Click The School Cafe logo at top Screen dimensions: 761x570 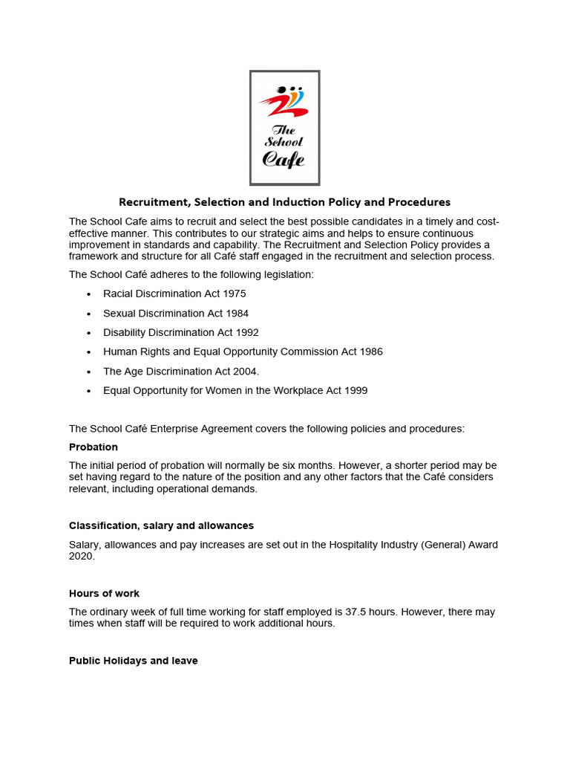click(284, 128)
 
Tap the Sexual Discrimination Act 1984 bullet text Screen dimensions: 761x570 click(176, 313)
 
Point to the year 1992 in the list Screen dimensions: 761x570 click(244, 332)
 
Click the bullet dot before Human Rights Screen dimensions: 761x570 click(89, 352)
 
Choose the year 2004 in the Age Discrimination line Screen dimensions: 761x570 click(243, 371)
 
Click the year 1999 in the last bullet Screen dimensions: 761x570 click(353, 390)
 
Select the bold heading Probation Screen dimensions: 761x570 click(94, 447)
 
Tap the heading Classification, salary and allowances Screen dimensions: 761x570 click(161, 525)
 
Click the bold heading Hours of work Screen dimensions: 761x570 click(104, 593)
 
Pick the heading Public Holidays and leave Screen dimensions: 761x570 click(134, 661)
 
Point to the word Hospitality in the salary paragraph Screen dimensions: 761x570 click(369, 545)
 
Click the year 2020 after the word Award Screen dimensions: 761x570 click(81, 556)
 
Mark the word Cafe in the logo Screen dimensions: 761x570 click(284, 159)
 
